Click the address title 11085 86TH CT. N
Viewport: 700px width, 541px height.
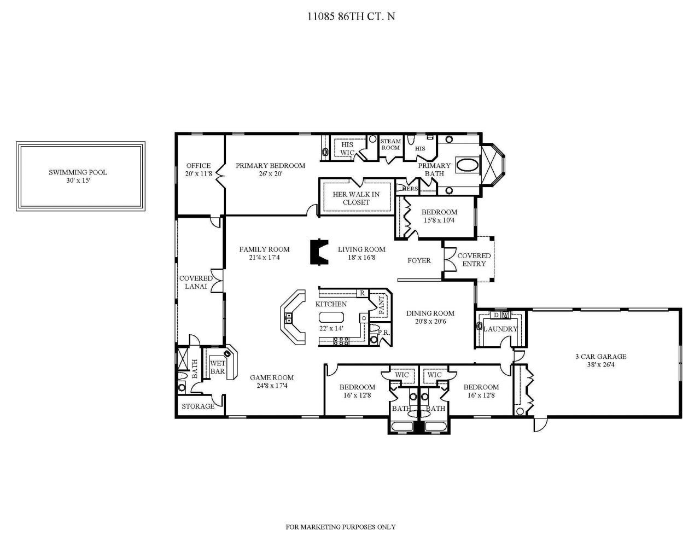tap(350, 16)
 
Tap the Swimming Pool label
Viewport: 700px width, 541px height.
tap(78, 172)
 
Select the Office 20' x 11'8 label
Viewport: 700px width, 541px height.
tap(198, 170)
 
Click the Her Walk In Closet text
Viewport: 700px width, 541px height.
tap(356, 198)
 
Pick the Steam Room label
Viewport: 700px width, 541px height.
tap(390, 144)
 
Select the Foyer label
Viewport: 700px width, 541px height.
tap(419, 261)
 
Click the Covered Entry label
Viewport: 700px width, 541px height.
tap(474, 259)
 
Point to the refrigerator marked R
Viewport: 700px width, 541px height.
tap(361, 293)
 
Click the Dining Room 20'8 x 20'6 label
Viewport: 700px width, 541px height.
tap(430, 317)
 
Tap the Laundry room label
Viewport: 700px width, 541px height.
tap(500, 329)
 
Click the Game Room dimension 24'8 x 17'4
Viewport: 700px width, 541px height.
tap(272, 386)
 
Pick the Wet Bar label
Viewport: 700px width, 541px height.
tap(218, 368)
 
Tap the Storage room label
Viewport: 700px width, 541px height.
tap(198, 406)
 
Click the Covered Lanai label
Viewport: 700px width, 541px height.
tap(196, 282)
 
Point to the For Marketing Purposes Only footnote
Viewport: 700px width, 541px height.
tap(341, 527)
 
